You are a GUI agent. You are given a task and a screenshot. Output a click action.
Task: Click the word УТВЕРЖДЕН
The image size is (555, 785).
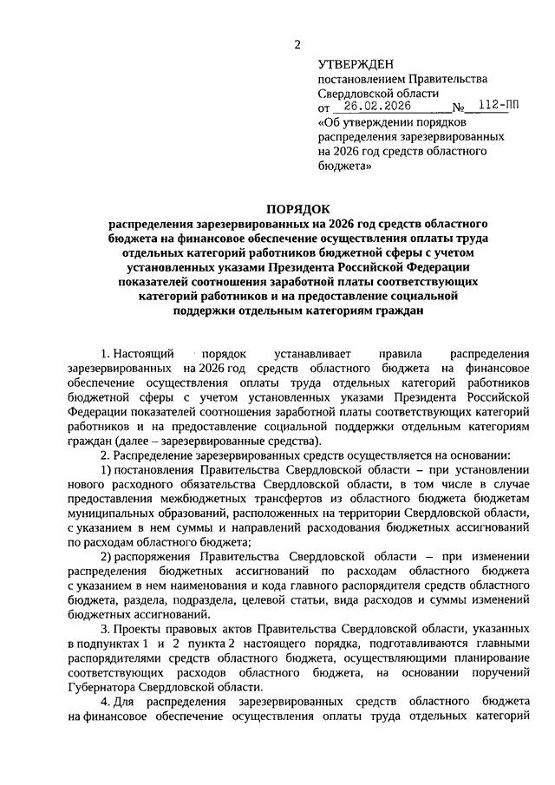pos(356,64)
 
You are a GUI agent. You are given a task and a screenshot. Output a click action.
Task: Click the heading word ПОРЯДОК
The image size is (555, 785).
pos(297,209)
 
